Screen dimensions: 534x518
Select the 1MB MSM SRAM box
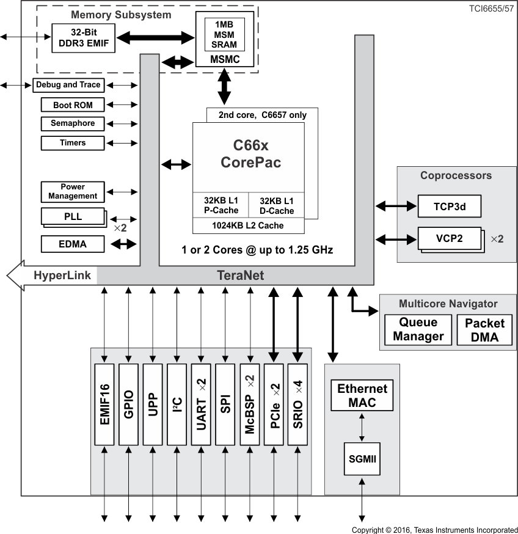[x=224, y=34]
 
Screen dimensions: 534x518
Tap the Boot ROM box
[x=73, y=105]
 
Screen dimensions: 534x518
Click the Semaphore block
[x=73, y=123]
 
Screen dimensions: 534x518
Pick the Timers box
[x=73, y=143]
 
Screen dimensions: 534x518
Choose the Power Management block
[x=73, y=191]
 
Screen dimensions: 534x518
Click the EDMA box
[x=73, y=244]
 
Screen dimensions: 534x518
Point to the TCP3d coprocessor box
[x=450, y=207]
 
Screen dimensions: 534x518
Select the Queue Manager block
[x=418, y=330]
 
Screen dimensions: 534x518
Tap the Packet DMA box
[x=484, y=330]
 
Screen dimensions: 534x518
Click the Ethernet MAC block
[x=362, y=395]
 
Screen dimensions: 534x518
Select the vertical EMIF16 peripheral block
[x=104, y=404]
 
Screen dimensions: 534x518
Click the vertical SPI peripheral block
[x=225, y=404]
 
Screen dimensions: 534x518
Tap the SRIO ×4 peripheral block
[x=298, y=404]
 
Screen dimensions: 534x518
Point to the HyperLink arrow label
[x=61, y=276]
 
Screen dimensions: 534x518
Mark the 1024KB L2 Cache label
[x=247, y=225]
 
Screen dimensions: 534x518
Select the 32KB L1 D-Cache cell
[x=276, y=206]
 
